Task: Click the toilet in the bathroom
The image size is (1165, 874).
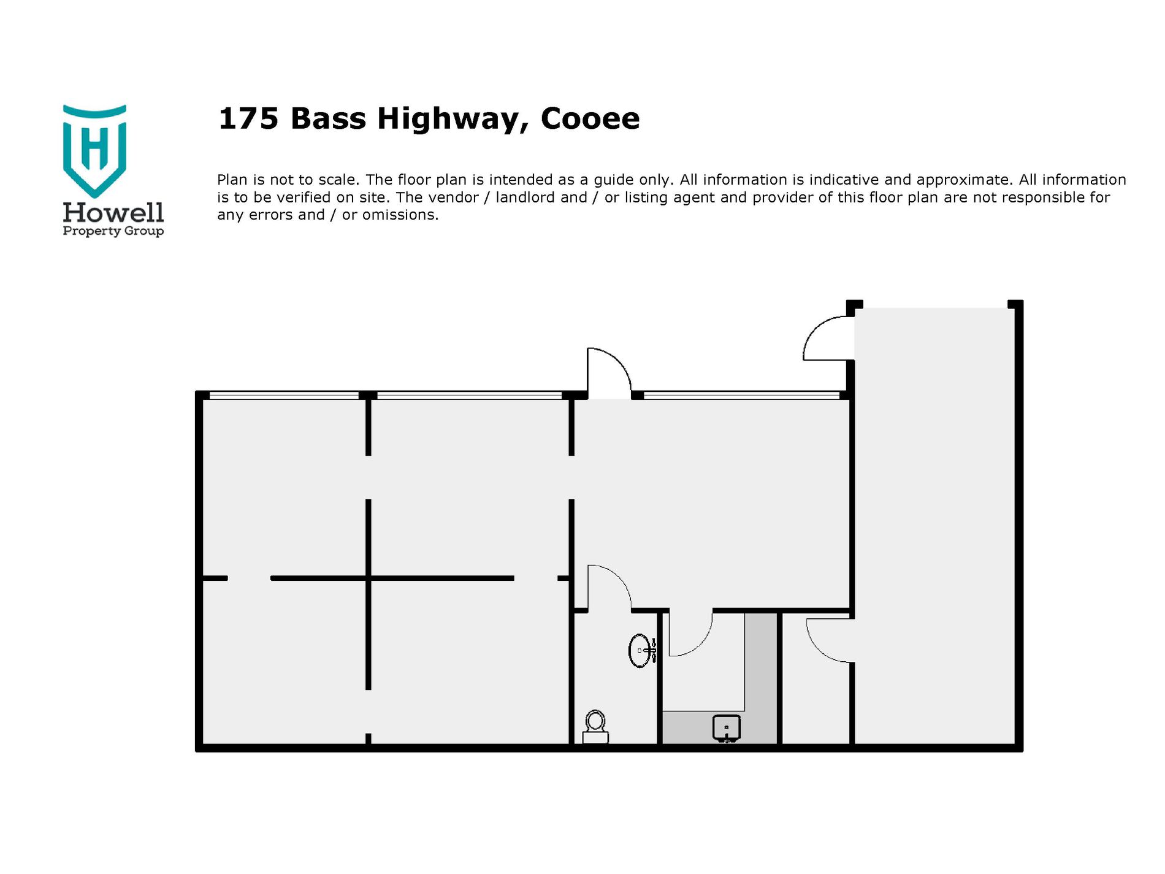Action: (595, 727)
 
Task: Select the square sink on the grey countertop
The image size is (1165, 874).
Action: (727, 729)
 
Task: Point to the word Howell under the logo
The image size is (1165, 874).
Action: (113, 212)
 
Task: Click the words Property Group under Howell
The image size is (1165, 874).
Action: (113, 231)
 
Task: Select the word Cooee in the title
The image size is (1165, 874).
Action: (590, 118)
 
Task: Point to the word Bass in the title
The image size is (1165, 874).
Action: (328, 118)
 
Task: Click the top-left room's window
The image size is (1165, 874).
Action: (284, 395)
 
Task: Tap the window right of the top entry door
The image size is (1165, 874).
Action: (741, 395)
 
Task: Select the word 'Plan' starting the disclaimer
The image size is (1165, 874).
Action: (232, 180)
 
